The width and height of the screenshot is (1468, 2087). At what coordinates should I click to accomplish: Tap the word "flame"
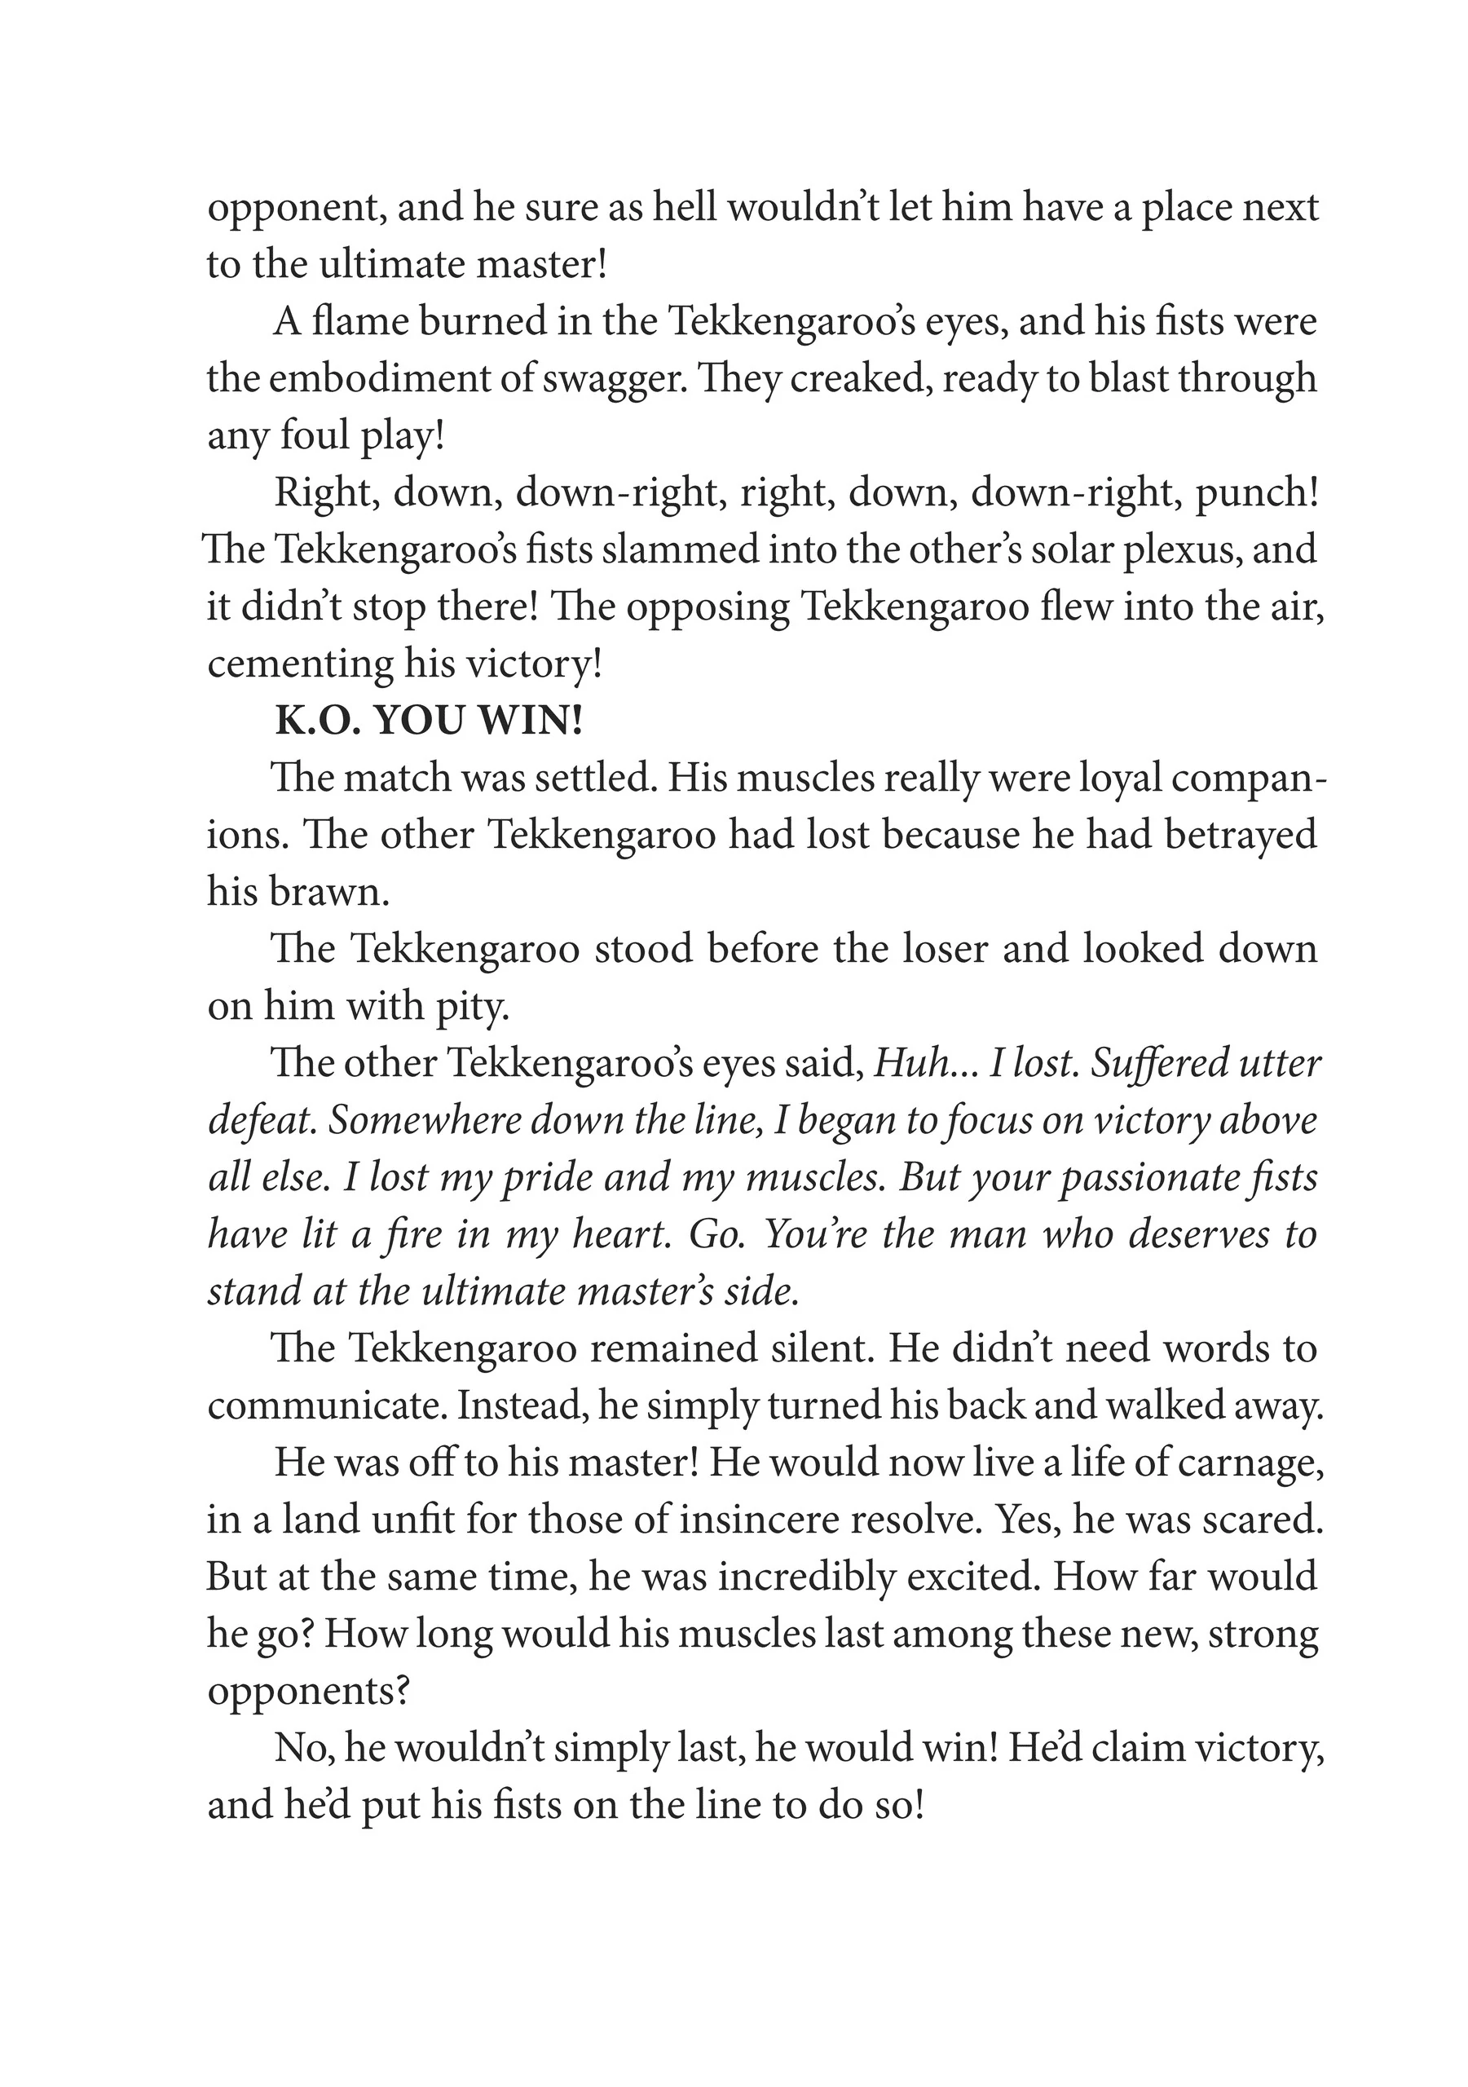coord(358,321)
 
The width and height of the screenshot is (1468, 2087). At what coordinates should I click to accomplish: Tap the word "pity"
coord(471,1006)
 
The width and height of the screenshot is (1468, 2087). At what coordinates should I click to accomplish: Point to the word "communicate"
coord(326,1406)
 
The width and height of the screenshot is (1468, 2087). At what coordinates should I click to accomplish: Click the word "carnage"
coord(1253,1463)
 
